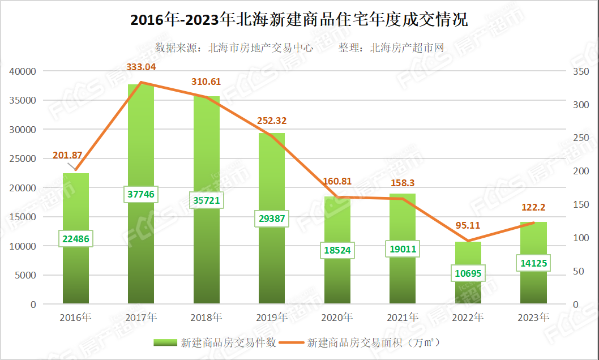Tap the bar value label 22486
click(x=75, y=239)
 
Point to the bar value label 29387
click(x=271, y=219)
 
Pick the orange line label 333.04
click(x=141, y=67)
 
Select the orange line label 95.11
click(x=468, y=225)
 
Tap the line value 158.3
click(x=403, y=183)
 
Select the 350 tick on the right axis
click(x=581, y=71)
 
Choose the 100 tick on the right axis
click(x=581, y=238)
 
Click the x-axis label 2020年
click(x=337, y=318)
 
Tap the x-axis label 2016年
click(x=75, y=318)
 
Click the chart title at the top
click(x=299, y=20)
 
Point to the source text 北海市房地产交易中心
click(x=260, y=48)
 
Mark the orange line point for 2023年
click(x=533, y=223)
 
